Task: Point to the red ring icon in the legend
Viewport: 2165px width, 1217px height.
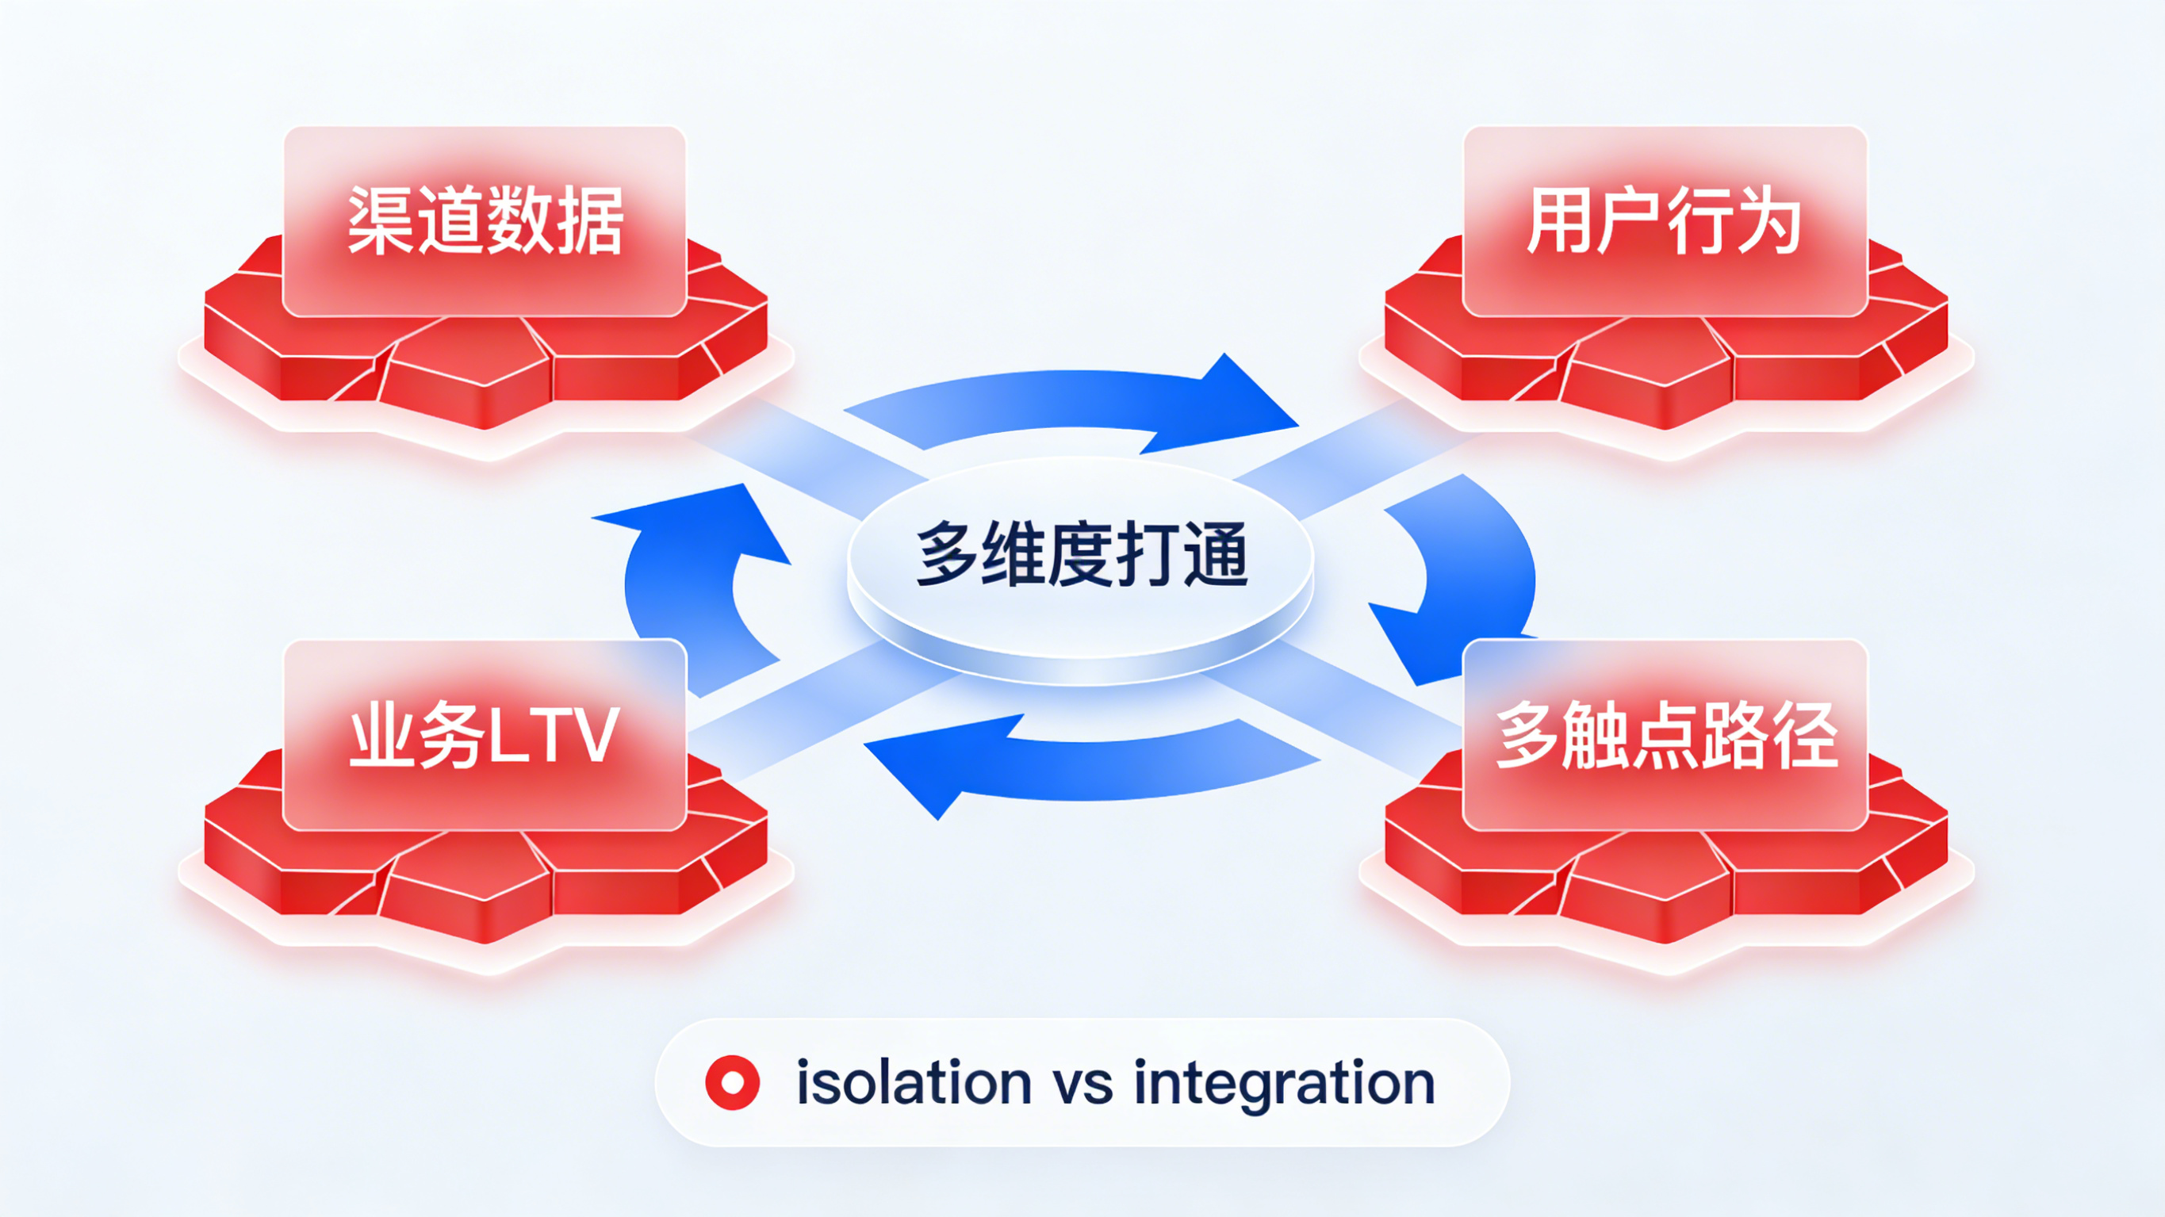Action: tap(732, 1082)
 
